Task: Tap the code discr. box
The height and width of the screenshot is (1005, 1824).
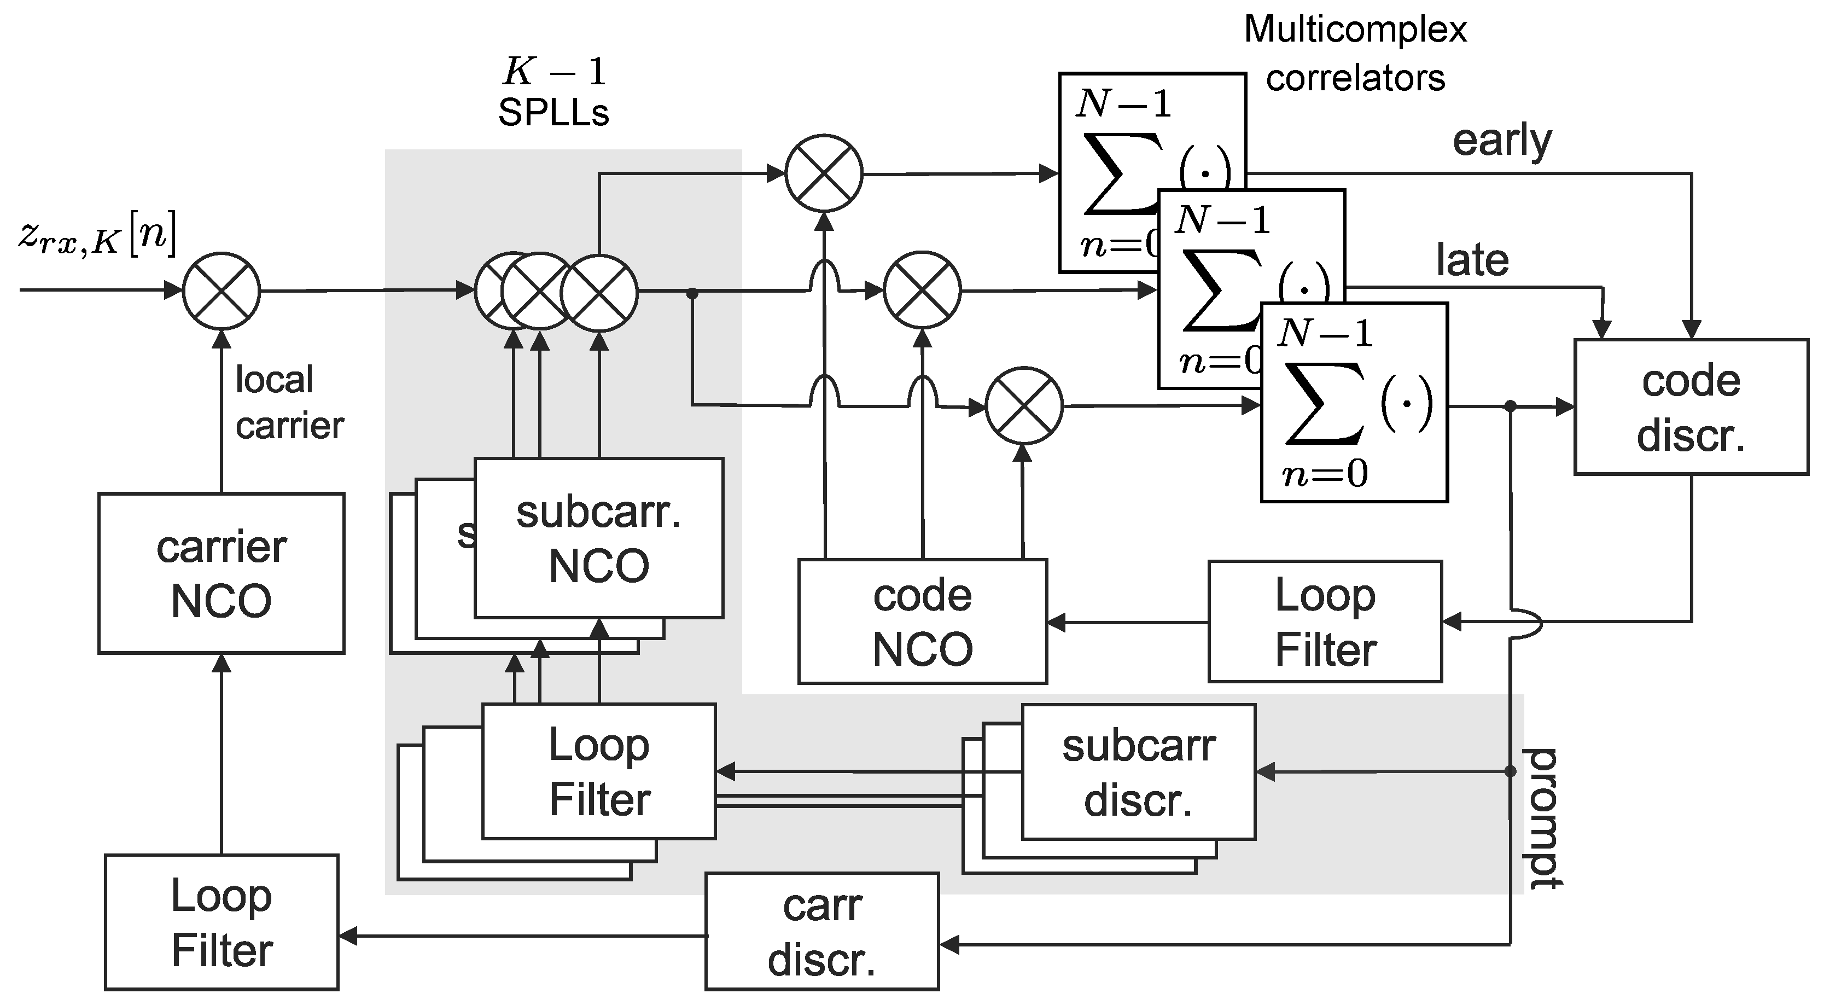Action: pyautogui.click(x=1690, y=406)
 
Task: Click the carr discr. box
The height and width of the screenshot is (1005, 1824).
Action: pyautogui.click(x=821, y=931)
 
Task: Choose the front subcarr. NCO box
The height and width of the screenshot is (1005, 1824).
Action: pyautogui.click(x=598, y=538)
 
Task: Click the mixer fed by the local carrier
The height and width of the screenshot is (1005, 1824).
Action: pyautogui.click(x=221, y=291)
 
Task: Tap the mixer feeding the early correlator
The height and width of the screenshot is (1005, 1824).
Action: pyautogui.click(x=824, y=173)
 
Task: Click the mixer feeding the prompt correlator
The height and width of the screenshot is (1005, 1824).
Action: pyautogui.click(x=1024, y=406)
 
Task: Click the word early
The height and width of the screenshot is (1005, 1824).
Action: pyautogui.click(x=1502, y=142)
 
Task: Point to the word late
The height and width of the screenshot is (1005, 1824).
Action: pyautogui.click(x=1472, y=260)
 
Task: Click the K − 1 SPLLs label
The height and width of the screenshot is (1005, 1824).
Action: pyautogui.click(x=553, y=92)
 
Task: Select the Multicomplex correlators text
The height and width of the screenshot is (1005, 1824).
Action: pyautogui.click(x=1355, y=54)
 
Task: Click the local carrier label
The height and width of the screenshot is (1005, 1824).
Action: pyautogui.click(x=289, y=402)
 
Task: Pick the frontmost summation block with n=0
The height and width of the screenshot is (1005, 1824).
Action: pyautogui.click(x=1354, y=402)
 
